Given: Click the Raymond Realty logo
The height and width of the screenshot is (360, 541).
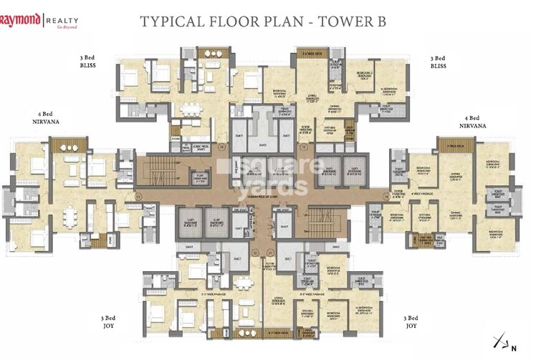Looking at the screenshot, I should click(x=39, y=19).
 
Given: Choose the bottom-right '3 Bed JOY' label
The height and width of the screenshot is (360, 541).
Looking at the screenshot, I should click(x=411, y=321).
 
